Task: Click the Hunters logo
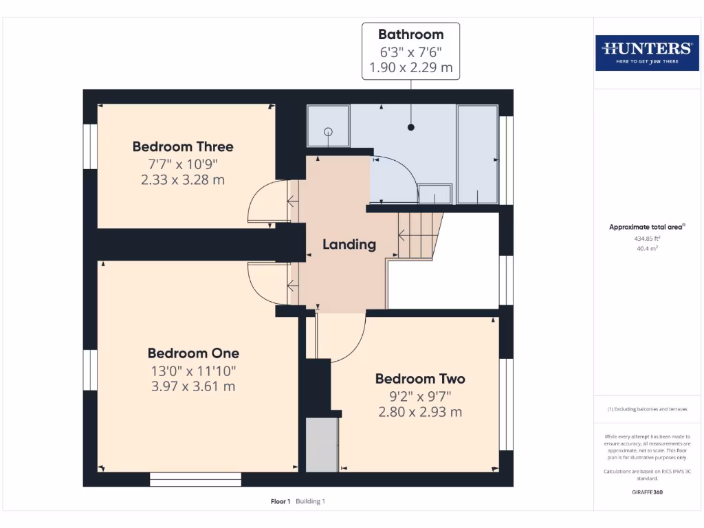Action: click(647, 53)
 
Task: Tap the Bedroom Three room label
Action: click(183, 147)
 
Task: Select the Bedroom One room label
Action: click(193, 353)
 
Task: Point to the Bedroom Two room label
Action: click(420, 379)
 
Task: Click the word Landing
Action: click(349, 245)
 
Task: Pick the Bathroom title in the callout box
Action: click(411, 34)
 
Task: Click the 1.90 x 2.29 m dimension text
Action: click(411, 67)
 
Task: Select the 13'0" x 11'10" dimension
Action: click(193, 371)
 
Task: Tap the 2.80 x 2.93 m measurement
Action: click(420, 412)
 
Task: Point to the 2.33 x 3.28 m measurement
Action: click(183, 179)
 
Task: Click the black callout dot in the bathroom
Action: click(411, 127)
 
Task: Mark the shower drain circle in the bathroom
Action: click(328, 132)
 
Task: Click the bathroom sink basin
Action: click(434, 193)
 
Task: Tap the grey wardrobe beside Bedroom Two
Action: click(322, 445)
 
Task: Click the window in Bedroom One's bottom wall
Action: click(195, 479)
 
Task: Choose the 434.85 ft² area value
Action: click(647, 239)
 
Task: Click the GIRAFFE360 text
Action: click(647, 492)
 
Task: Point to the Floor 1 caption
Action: click(280, 501)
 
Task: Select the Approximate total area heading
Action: click(647, 227)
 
